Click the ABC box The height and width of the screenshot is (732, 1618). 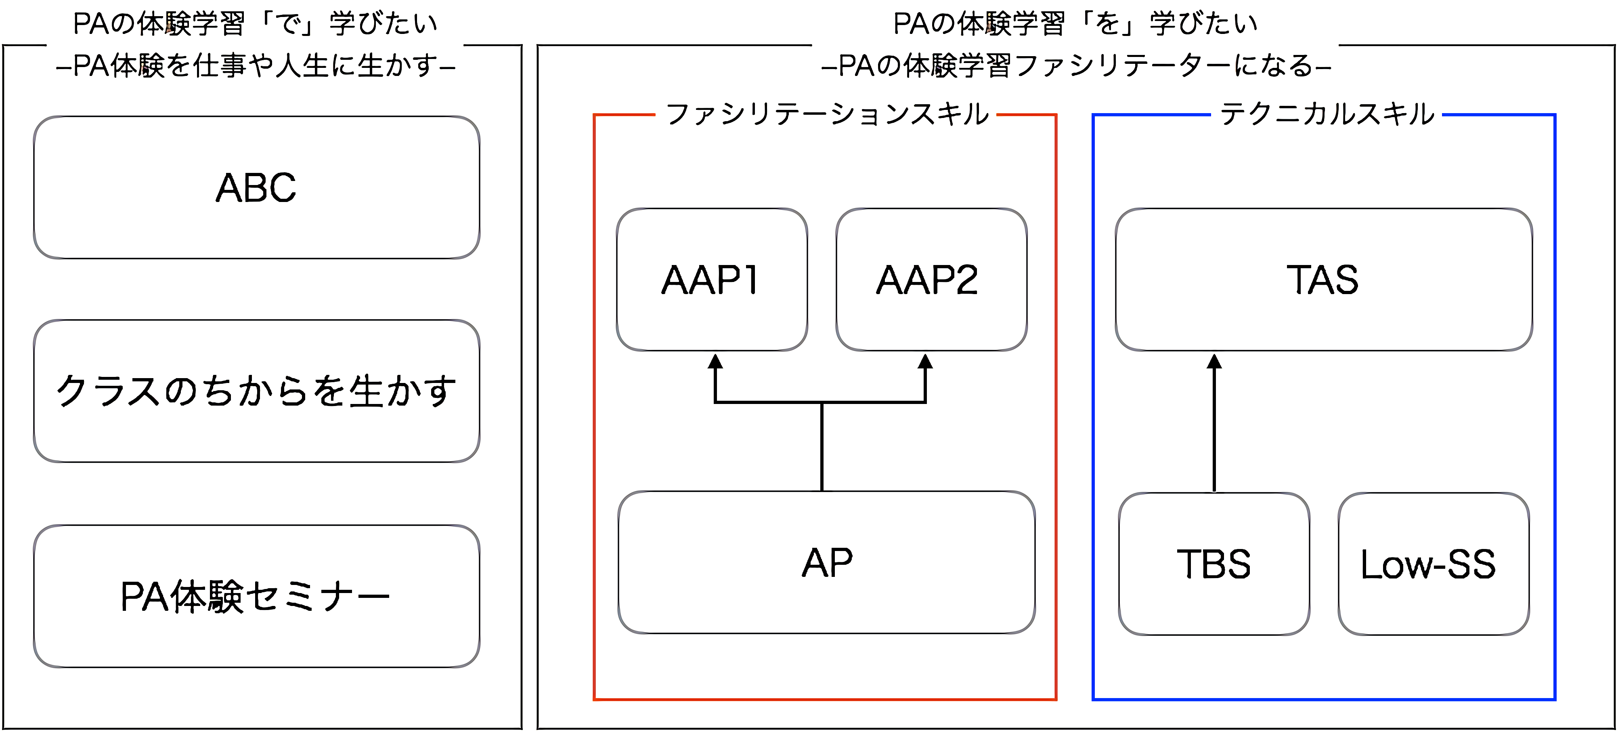click(x=256, y=187)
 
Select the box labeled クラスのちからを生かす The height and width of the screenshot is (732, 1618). click(x=256, y=391)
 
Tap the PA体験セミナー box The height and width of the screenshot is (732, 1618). click(x=256, y=595)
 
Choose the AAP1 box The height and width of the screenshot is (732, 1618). click(x=712, y=280)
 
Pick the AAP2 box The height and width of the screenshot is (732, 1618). click(x=931, y=280)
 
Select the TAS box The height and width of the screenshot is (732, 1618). click(x=1324, y=280)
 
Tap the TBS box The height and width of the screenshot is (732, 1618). click(x=1214, y=564)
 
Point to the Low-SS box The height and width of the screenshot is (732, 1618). click(x=1434, y=564)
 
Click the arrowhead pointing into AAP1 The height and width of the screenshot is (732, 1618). click(x=715, y=361)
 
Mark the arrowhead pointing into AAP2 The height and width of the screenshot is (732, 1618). click(x=925, y=361)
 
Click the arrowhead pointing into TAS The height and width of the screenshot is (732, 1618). click(x=1215, y=361)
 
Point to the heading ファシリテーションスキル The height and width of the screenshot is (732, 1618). click(x=827, y=114)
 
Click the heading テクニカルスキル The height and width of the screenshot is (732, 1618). click(x=1327, y=114)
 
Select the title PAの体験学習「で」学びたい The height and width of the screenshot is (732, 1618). click(x=255, y=24)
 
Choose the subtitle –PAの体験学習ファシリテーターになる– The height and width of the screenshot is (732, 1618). click(x=1076, y=65)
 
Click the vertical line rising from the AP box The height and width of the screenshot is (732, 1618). click(x=822, y=447)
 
